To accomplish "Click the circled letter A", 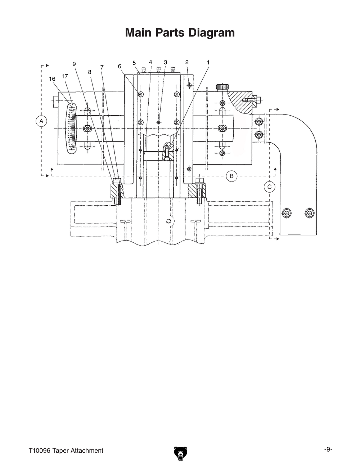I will (41, 121).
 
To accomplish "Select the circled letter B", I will (232, 176).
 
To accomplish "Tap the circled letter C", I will (269, 187).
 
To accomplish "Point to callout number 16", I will (52, 79).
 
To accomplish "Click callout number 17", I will (65, 76).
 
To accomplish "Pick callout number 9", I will (74, 64).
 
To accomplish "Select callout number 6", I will (120, 66).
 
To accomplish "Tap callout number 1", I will (208, 62).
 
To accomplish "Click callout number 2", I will (187, 62).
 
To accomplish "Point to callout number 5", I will (134, 63).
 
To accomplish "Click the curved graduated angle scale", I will (71, 128).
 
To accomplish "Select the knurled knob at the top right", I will (222, 87).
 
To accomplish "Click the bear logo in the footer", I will (180, 453).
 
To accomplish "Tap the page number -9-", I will (328, 449).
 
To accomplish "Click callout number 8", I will (90, 72).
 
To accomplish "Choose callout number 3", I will (165, 62).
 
